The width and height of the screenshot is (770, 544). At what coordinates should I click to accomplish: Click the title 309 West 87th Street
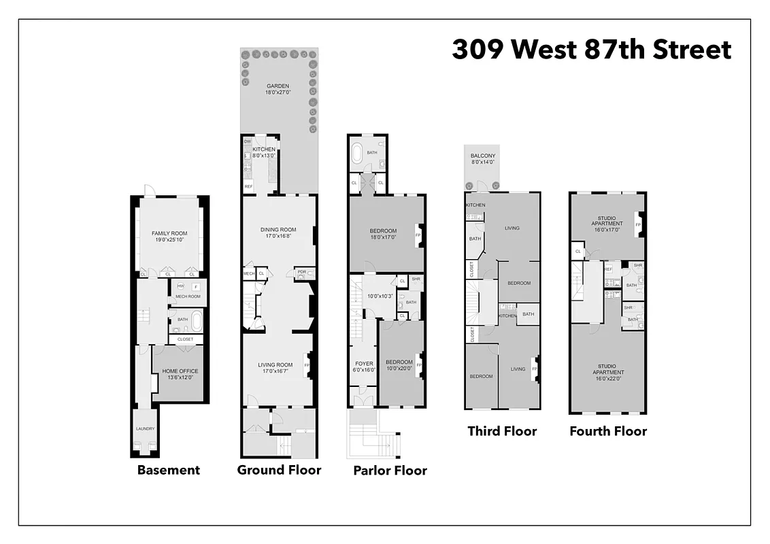coord(591,50)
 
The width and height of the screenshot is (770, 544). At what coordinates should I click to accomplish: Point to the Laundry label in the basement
coord(145,428)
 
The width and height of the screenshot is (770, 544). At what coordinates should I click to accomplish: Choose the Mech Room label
coord(188,296)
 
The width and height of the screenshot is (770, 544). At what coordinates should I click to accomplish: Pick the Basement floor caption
coord(169,470)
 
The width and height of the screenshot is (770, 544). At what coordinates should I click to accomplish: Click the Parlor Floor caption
coord(390,471)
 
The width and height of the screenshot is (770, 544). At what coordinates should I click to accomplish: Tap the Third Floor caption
coord(502,431)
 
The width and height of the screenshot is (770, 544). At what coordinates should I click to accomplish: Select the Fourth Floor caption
coord(608,431)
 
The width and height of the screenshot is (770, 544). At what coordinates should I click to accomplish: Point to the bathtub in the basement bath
coord(197,319)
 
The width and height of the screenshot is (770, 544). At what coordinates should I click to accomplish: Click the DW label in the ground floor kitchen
coord(248,141)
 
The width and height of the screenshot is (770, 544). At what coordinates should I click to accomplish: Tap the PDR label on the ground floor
coord(301,273)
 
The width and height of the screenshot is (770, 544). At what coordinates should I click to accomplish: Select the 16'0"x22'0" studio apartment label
coord(608,375)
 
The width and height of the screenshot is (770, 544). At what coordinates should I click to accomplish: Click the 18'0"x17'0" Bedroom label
coord(383,234)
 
